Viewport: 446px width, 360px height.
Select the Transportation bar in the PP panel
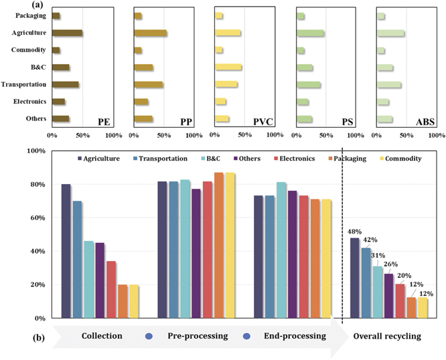coord(149,85)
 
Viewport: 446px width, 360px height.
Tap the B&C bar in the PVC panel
coord(228,68)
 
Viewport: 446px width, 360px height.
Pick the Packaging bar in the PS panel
coord(301,16)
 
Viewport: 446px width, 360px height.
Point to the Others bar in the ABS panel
coord(385,120)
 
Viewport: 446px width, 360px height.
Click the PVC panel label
coord(259,122)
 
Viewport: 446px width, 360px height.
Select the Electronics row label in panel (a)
coord(29,102)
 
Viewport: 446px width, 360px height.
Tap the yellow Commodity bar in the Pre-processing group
coord(230,245)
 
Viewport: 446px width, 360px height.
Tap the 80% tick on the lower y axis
coord(34,185)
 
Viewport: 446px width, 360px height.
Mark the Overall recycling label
coord(388,336)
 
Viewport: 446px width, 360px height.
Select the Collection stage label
coord(102,336)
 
